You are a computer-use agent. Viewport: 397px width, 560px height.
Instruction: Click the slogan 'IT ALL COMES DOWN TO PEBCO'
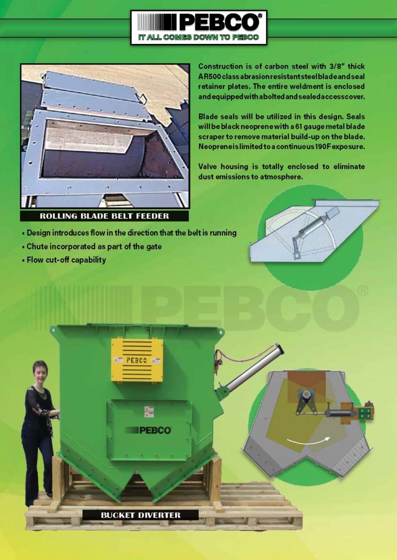(x=199, y=38)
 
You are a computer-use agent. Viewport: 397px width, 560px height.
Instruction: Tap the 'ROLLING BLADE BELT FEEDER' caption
(x=104, y=216)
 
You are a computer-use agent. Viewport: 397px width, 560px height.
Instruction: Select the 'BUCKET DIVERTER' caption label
(x=141, y=515)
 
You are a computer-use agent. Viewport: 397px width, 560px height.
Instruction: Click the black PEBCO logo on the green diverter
(x=148, y=430)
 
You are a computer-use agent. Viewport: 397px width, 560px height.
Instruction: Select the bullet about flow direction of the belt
(x=132, y=233)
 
